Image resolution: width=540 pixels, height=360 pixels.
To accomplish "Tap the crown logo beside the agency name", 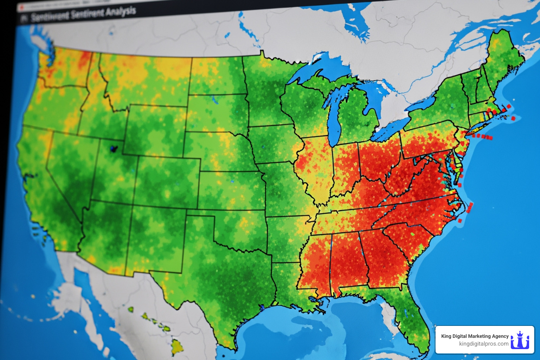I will tap(520, 340).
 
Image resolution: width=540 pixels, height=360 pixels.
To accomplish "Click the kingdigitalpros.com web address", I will tap(483, 344).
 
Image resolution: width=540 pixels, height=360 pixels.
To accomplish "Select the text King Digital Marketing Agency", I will tap(475, 336).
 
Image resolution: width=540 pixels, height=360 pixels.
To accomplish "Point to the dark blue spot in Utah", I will tap(113, 149).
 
